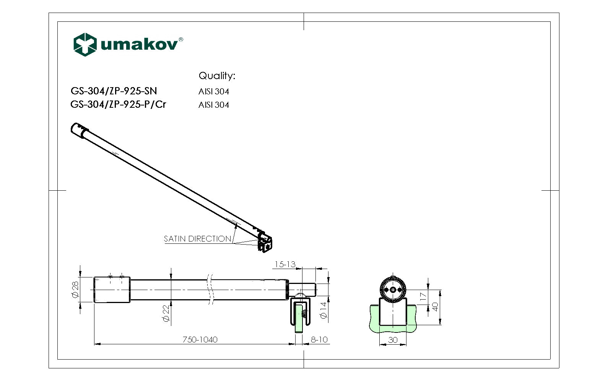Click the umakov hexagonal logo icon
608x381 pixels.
point(85,44)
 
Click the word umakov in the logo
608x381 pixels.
point(139,45)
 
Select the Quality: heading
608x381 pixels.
point(216,76)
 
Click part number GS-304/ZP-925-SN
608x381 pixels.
point(114,91)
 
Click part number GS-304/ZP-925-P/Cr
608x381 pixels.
point(118,104)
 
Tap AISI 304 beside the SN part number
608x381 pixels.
point(213,92)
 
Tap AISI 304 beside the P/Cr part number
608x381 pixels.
point(213,105)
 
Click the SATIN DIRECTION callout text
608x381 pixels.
point(197,239)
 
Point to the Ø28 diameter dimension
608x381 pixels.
point(75,290)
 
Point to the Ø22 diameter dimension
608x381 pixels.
point(166,313)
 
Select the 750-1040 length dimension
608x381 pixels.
point(200,339)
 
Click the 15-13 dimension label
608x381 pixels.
point(285,264)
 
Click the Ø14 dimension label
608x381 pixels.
point(324,310)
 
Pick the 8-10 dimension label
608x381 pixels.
point(319,339)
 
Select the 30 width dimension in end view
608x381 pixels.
point(393,340)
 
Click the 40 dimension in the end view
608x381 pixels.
point(435,307)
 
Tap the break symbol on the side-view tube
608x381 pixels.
point(210,289)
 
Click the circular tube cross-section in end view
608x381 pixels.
point(393,289)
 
